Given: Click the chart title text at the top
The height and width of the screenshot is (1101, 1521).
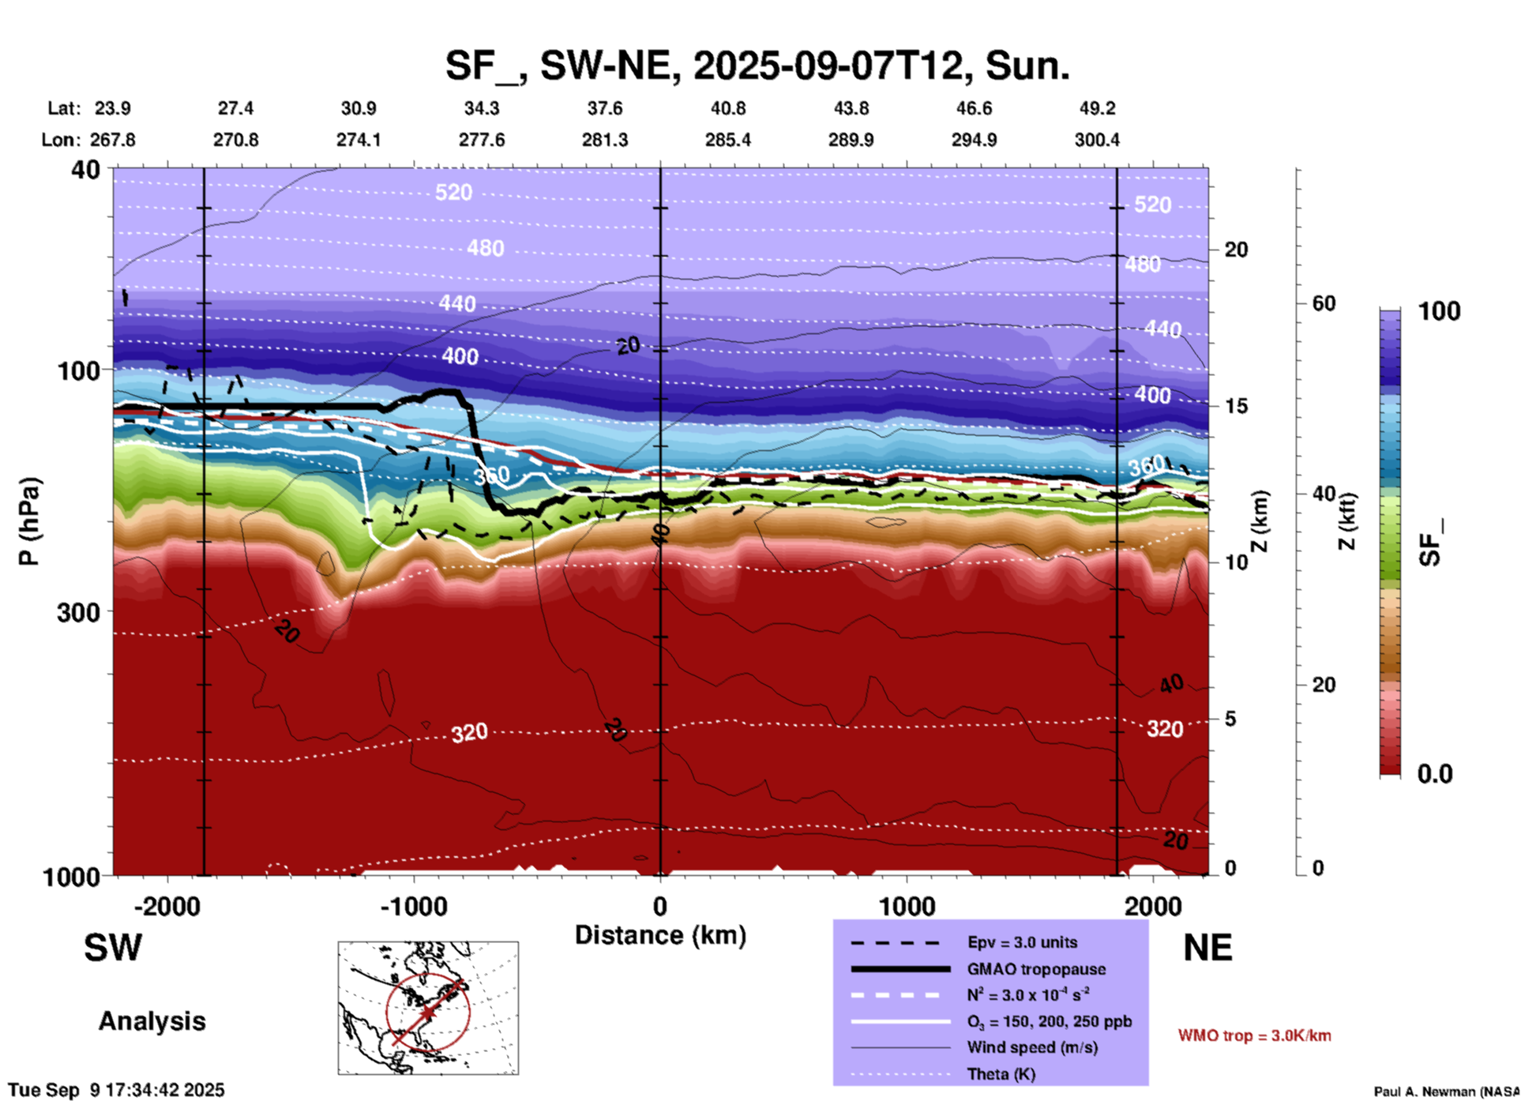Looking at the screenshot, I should click(757, 66).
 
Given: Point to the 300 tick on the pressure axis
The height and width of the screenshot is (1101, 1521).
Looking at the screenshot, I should click(79, 611).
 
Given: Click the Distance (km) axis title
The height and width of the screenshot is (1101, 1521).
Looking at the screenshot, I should click(660, 935).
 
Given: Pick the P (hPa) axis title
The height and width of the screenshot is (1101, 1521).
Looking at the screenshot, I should click(29, 521).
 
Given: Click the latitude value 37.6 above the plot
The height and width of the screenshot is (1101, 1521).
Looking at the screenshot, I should click(605, 108).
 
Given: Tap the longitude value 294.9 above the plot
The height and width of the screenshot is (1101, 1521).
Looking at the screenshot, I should click(974, 140).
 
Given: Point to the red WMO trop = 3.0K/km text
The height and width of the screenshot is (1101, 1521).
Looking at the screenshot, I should click(1254, 1035).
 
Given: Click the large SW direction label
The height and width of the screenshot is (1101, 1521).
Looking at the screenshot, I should click(113, 948).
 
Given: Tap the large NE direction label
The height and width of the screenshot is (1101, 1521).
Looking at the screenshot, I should click(1207, 948).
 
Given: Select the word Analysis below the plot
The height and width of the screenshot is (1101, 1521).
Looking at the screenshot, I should click(152, 1021).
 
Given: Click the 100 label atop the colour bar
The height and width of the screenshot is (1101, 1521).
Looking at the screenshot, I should click(1439, 311).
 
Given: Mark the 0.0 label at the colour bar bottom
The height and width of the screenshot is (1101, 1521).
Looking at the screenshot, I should click(1435, 774).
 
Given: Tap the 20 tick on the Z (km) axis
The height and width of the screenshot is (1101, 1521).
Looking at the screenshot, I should click(1236, 250).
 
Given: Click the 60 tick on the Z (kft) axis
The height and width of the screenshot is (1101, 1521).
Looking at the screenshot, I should click(1324, 303).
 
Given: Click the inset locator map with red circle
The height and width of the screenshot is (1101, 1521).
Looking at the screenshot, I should click(428, 1007).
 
